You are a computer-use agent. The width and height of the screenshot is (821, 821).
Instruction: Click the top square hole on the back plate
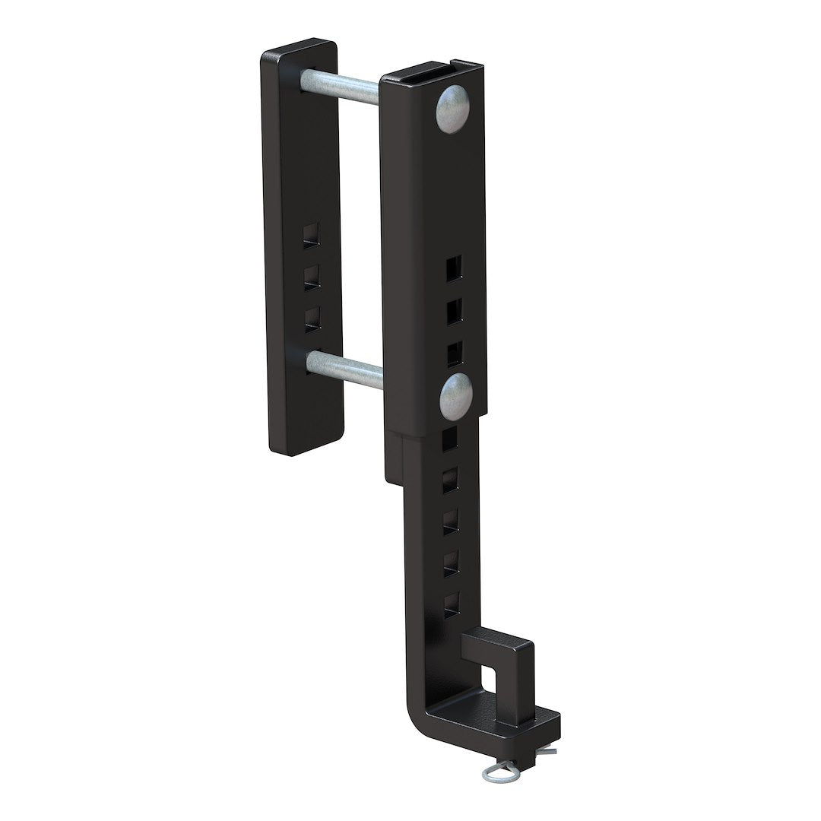(310, 236)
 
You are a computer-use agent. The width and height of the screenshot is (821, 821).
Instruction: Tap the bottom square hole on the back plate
(310, 318)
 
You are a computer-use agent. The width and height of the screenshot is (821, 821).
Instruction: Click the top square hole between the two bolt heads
(452, 268)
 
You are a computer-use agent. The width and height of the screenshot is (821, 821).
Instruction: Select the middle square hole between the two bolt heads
(453, 309)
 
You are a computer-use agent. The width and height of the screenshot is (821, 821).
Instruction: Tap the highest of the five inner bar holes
(449, 436)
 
